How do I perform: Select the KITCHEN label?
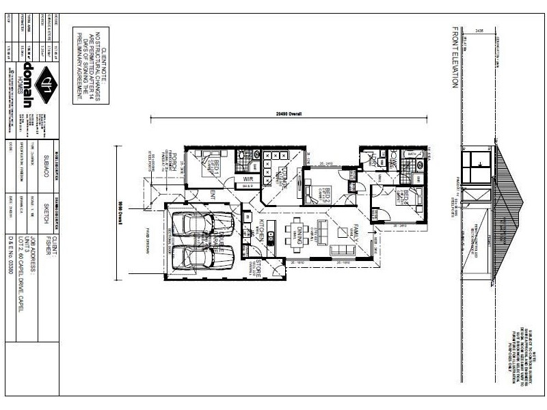261,232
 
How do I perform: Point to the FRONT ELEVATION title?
453,57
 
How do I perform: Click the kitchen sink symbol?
271,240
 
